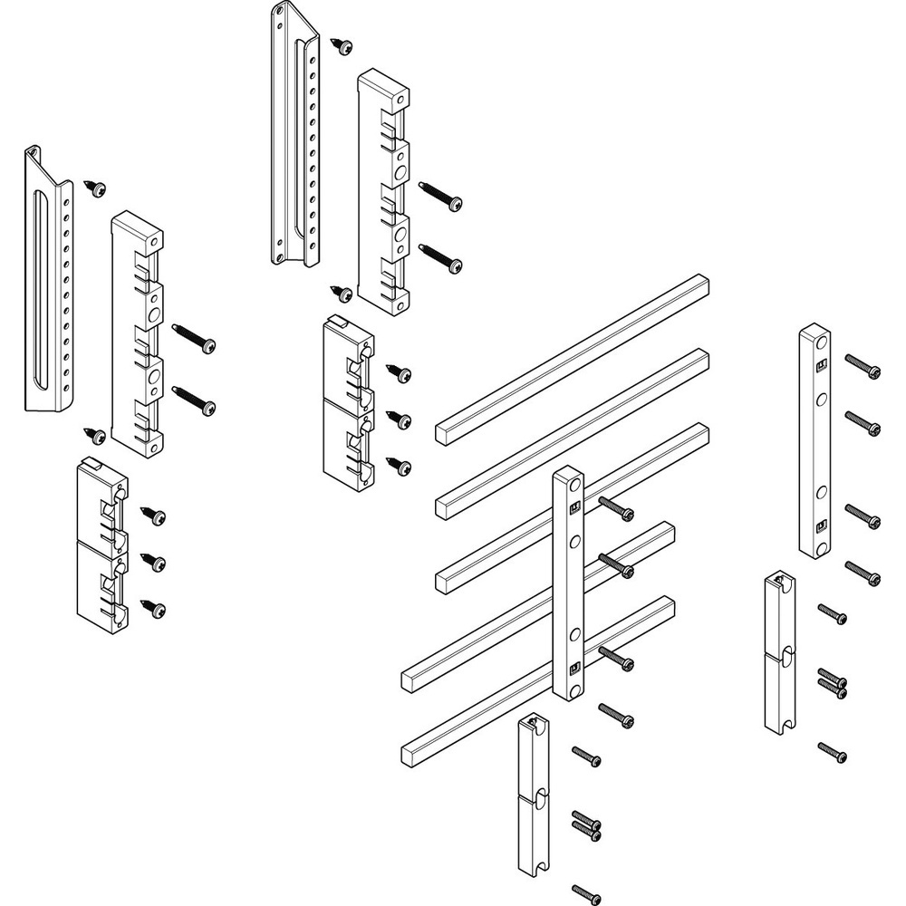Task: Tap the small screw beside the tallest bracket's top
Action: point(342,45)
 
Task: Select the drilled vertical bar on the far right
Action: point(814,442)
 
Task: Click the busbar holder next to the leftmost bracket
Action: point(137,333)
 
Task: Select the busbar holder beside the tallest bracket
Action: point(383,192)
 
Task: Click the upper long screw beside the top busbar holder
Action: point(441,195)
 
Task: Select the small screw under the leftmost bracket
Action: point(94,436)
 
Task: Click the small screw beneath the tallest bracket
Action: point(343,293)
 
